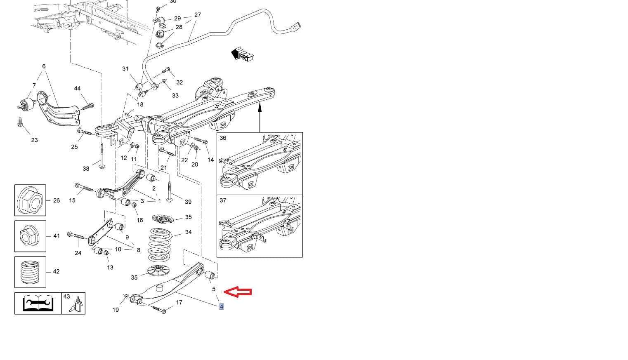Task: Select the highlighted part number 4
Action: tap(222, 306)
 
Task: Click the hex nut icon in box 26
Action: tap(30, 200)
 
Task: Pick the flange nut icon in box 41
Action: tap(30, 236)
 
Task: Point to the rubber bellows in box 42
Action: tap(30, 272)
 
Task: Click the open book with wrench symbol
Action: tap(38, 304)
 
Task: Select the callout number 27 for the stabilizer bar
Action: tap(197, 15)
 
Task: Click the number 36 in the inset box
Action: tap(223, 138)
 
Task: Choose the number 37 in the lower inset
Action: tap(223, 200)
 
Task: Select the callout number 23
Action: tap(34, 140)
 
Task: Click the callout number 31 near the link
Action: tap(125, 69)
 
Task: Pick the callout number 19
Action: tap(116, 310)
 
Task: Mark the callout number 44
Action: tap(77, 88)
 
